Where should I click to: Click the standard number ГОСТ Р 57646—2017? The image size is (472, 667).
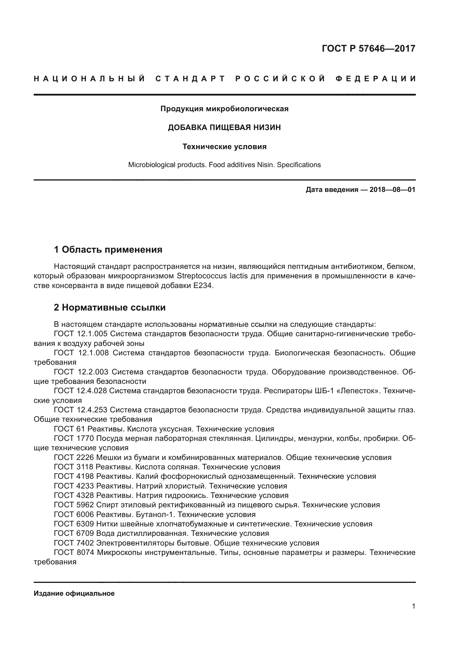368,48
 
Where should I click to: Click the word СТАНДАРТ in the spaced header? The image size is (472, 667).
190,79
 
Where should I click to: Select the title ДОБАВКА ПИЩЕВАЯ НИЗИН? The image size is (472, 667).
224,127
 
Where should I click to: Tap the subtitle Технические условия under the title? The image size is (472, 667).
224,147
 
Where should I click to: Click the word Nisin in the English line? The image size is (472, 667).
266,165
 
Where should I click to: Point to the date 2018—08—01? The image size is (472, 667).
392,190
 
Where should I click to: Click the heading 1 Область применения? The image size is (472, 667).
108,249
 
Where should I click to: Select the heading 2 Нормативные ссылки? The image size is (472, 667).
110,307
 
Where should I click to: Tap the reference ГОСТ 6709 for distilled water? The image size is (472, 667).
74,534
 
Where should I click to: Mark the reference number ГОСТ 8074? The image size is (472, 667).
74,553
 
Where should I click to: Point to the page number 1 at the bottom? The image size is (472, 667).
413,606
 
